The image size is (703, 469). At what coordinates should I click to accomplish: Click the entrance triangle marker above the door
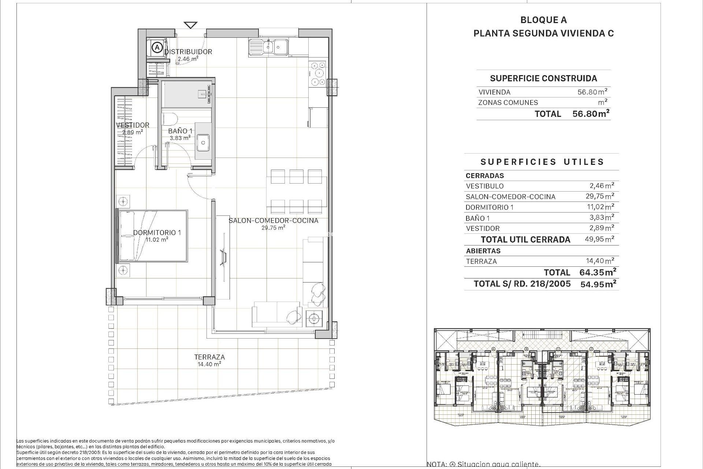[190, 25]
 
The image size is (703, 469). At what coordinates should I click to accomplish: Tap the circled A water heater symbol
[157, 47]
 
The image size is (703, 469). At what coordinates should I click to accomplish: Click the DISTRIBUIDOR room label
[188, 52]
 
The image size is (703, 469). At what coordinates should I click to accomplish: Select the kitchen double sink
[268, 48]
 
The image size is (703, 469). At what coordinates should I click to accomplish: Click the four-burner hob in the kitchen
[317, 74]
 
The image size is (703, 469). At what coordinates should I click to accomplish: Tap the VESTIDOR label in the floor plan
[133, 125]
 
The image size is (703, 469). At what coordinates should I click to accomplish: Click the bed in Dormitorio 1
[152, 236]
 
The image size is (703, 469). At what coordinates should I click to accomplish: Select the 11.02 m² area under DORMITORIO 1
[157, 240]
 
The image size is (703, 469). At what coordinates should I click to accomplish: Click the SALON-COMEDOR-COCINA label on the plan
[273, 221]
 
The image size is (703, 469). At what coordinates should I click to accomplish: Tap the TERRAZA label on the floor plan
[209, 357]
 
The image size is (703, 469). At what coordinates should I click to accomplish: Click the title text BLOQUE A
[543, 20]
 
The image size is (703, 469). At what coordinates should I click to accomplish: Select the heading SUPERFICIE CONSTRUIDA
[543, 78]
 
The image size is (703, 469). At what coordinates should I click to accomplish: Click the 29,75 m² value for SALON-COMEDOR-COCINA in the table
[600, 196]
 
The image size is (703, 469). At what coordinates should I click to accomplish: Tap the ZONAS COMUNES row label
[508, 103]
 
